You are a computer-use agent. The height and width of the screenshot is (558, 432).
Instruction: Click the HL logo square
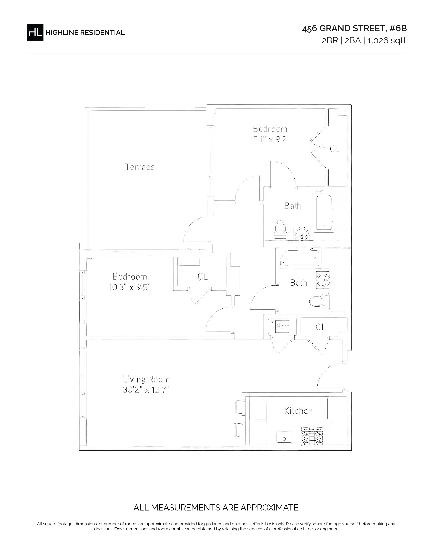(x=35, y=32)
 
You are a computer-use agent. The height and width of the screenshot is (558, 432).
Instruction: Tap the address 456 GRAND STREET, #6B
(x=354, y=29)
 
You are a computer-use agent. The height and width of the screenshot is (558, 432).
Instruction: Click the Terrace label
(x=140, y=167)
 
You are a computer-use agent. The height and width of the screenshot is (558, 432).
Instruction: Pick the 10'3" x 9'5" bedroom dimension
(x=129, y=287)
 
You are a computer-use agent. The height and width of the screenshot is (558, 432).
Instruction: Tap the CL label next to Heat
(x=321, y=327)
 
